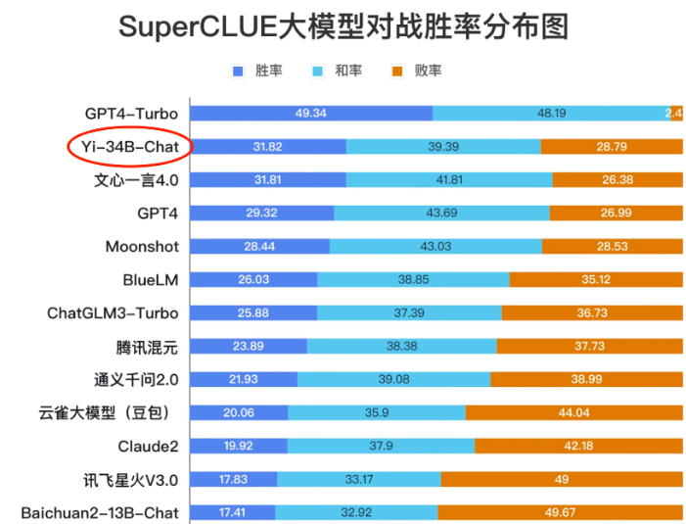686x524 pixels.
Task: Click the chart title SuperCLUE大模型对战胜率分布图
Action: (x=343, y=26)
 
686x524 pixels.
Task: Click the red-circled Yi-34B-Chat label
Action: (x=130, y=147)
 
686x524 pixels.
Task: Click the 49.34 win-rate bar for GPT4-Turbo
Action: (x=310, y=114)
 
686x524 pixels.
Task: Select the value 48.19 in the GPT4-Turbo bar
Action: (x=551, y=114)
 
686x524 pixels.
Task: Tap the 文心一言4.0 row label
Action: (x=136, y=180)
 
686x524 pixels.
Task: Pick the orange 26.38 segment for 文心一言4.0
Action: (x=617, y=180)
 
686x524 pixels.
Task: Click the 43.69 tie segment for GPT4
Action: (x=441, y=214)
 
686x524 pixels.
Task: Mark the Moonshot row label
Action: (x=142, y=247)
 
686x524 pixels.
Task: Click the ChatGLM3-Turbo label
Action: (x=113, y=313)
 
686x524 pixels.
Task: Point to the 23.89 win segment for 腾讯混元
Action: (x=248, y=347)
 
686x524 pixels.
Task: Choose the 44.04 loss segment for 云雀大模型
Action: (x=573, y=413)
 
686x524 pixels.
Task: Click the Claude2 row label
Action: (x=148, y=447)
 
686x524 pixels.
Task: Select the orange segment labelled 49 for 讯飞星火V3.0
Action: (x=562, y=480)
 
